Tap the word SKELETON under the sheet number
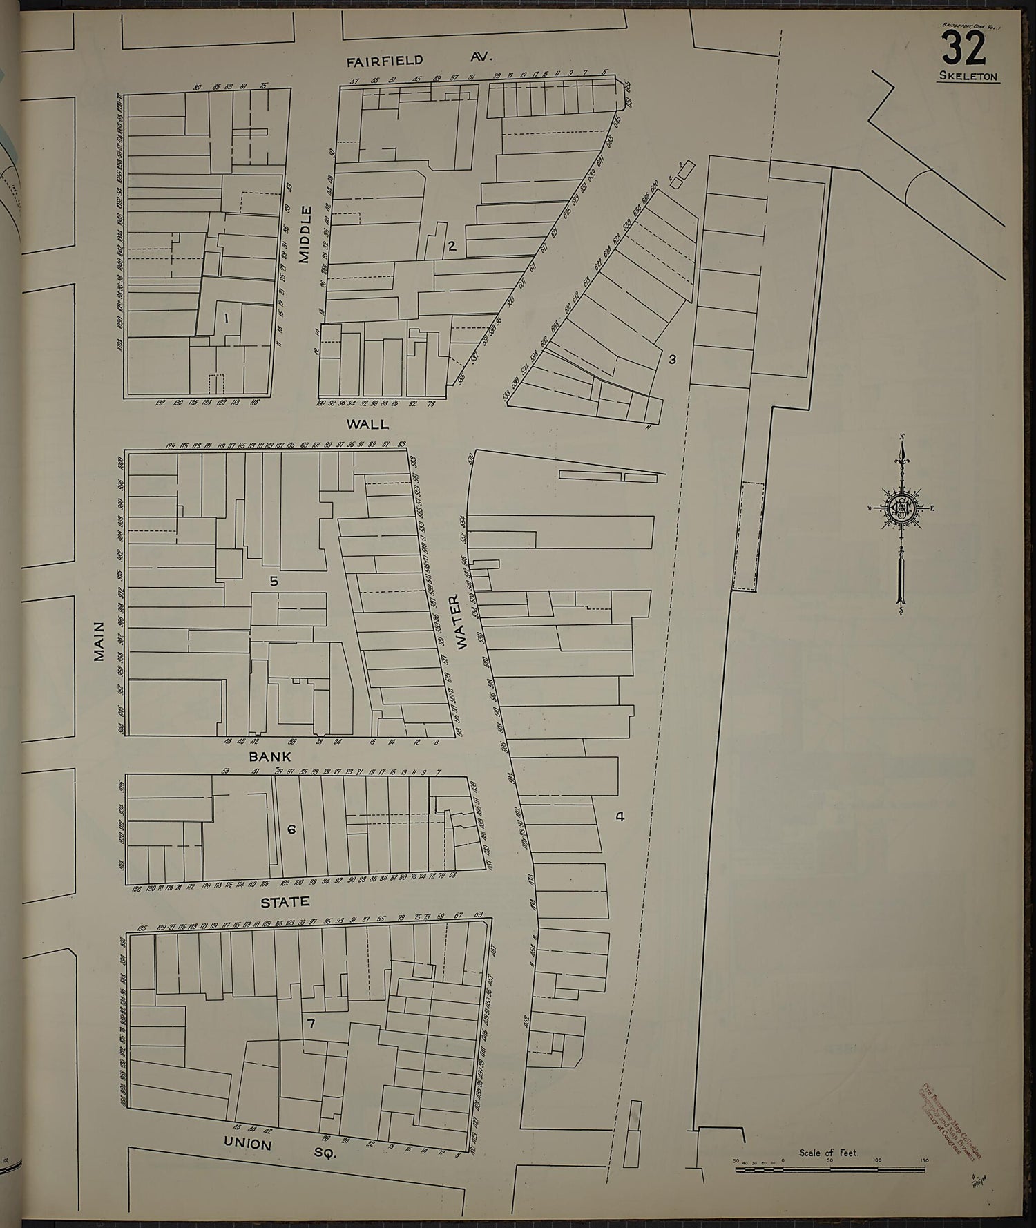(968, 77)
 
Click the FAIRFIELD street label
(385, 61)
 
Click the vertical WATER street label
(461, 622)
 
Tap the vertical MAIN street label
(99, 642)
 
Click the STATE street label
(285, 901)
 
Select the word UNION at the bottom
(247, 1143)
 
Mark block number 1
(225, 318)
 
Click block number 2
(452, 245)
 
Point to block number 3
(671, 359)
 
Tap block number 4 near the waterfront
(620, 816)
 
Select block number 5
(274, 582)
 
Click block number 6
(291, 829)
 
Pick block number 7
(311, 1024)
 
